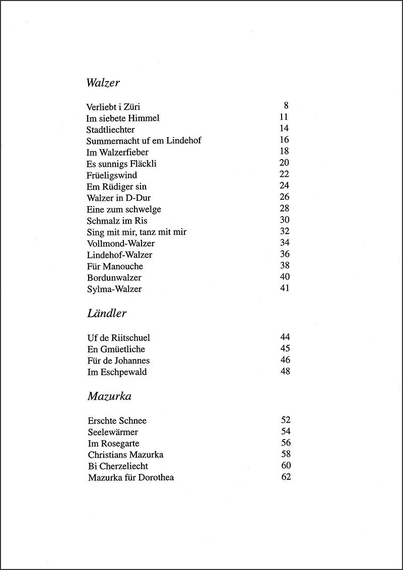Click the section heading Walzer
(x=103, y=83)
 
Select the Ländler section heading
(x=106, y=314)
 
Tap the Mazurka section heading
(x=109, y=396)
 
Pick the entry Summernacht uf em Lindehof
(x=144, y=140)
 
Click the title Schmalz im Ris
(x=117, y=221)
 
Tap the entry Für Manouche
(x=115, y=266)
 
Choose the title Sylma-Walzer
(x=114, y=289)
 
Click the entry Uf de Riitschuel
(x=118, y=338)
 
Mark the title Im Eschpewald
(x=117, y=372)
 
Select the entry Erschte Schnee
(x=117, y=421)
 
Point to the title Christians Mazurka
(x=125, y=455)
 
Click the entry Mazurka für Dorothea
(x=131, y=477)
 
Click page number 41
(x=284, y=289)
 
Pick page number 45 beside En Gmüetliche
(x=286, y=349)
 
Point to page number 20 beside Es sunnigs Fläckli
(x=284, y=163)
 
